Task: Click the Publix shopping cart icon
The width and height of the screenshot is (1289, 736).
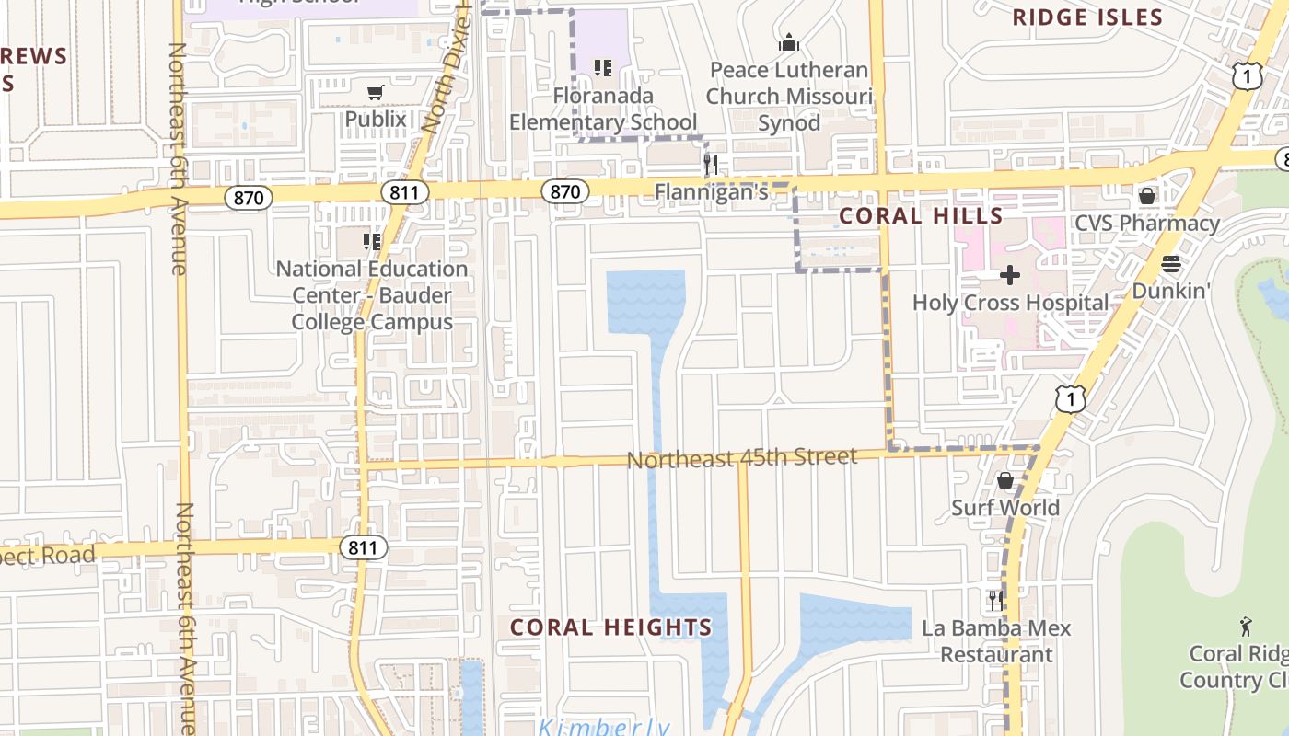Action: pos(375,92)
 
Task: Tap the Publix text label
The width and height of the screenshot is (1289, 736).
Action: pos(375,119)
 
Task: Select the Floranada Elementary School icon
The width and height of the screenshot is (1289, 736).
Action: pos(603,67)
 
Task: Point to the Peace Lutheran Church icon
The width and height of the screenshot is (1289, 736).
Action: pos(788,42)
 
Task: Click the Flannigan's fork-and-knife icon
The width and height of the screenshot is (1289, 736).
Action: pos(711,166)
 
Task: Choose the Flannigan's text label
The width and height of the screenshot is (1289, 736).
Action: pos(711,192)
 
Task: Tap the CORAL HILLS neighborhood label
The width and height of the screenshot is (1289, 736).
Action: pos(921,216)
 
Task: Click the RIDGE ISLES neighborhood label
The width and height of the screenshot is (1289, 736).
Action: pos(1087,17)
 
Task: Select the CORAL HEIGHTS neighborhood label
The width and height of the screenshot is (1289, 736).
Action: pos(610,627)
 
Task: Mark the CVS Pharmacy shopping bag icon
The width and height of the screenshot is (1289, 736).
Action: pos(1147,196)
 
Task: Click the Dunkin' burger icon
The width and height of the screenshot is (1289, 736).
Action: pos(1170,265)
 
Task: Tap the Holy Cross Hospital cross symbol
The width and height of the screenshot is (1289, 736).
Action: pos(1010,275)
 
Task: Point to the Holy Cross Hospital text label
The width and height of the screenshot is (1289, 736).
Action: pos(1010,303)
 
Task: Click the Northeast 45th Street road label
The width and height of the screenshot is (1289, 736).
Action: pos(742,458)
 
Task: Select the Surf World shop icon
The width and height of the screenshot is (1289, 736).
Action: pos(1005,480)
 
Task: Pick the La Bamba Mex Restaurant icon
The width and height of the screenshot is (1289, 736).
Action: pos(995,601)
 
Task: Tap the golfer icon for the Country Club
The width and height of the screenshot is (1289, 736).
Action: pos(1246,627)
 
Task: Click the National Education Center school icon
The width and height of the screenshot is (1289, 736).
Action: pos(372,242)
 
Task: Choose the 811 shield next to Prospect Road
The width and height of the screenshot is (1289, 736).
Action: pos(364,548)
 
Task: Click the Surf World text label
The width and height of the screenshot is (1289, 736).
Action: pos(1005,508)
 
